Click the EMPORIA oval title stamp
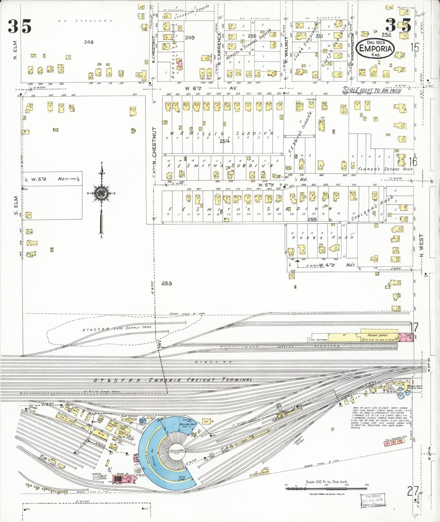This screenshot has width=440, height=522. (x=376, y=48)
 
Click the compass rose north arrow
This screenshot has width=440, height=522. (x=102, y=193)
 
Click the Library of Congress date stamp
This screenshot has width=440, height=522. (x=372, y=500)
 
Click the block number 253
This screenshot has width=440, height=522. (x=167, y=283)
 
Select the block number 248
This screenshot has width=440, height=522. (x=89, y=42)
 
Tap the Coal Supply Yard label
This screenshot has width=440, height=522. (x=117, y=329)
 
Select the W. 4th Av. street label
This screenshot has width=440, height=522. (x=335, y=265)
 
